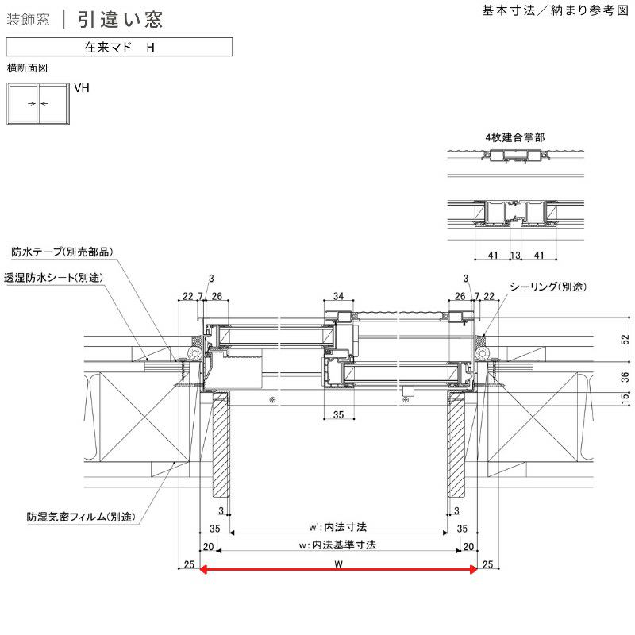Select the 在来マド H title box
click(x=119, y=48)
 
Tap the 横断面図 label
click(x=27, y=68)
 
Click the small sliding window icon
click(x=38, y=103)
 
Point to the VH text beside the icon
click(x=82, y=89)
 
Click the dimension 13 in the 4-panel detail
click(x=515, y=256)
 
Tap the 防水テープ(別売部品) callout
click(x=62, y=252)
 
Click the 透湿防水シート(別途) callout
click(x=54, y=278)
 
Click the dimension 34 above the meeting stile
click(x=338, y=297)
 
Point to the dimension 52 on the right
click(x=625, y=340)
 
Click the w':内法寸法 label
click(x=337, y=526)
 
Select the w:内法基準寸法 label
click(x=337, y=545)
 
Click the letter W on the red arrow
click(x=338, y=565)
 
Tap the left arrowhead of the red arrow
click(x=203, y=568)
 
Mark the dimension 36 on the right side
click(x=625, y=377)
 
